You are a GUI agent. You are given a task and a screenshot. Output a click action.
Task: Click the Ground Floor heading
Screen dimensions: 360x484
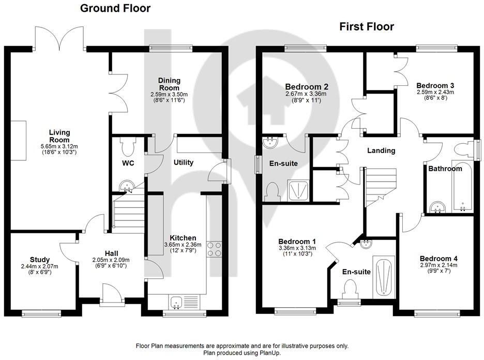(115, 8)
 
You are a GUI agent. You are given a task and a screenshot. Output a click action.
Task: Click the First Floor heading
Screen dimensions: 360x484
(367, 27)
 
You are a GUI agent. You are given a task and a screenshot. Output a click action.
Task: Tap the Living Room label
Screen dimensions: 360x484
(59, 137)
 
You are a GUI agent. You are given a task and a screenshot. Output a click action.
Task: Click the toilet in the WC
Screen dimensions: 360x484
(127, 147)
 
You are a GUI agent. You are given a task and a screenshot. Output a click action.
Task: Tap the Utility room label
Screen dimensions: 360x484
(183, 162)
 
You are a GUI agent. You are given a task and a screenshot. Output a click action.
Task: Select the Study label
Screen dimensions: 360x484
(39, 259)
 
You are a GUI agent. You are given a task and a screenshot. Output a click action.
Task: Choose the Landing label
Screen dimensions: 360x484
(381, 151)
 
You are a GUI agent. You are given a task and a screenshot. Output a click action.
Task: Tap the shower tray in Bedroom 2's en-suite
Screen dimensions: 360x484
(296, 190)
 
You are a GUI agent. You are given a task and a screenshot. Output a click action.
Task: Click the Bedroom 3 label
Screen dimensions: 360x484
(435, 85)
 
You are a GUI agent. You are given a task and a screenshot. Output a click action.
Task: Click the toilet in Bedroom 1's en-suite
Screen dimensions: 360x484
(350, 288)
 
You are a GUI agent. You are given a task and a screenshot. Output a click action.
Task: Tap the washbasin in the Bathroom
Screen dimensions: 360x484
(438, 208)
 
